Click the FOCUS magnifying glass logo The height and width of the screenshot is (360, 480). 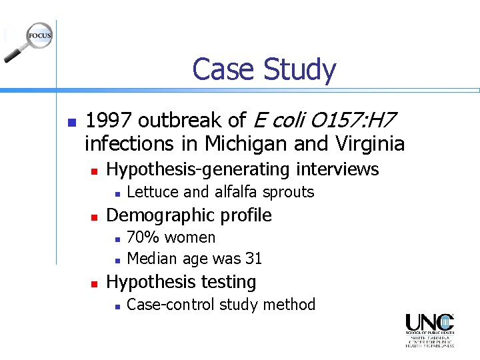point(30,42)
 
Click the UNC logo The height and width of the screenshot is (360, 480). point(429,330)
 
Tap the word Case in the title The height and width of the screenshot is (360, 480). point(224,69)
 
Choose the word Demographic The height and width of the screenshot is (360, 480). point(162,215)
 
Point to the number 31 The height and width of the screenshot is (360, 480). point(253,259)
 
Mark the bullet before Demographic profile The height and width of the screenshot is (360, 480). point(94,217)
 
